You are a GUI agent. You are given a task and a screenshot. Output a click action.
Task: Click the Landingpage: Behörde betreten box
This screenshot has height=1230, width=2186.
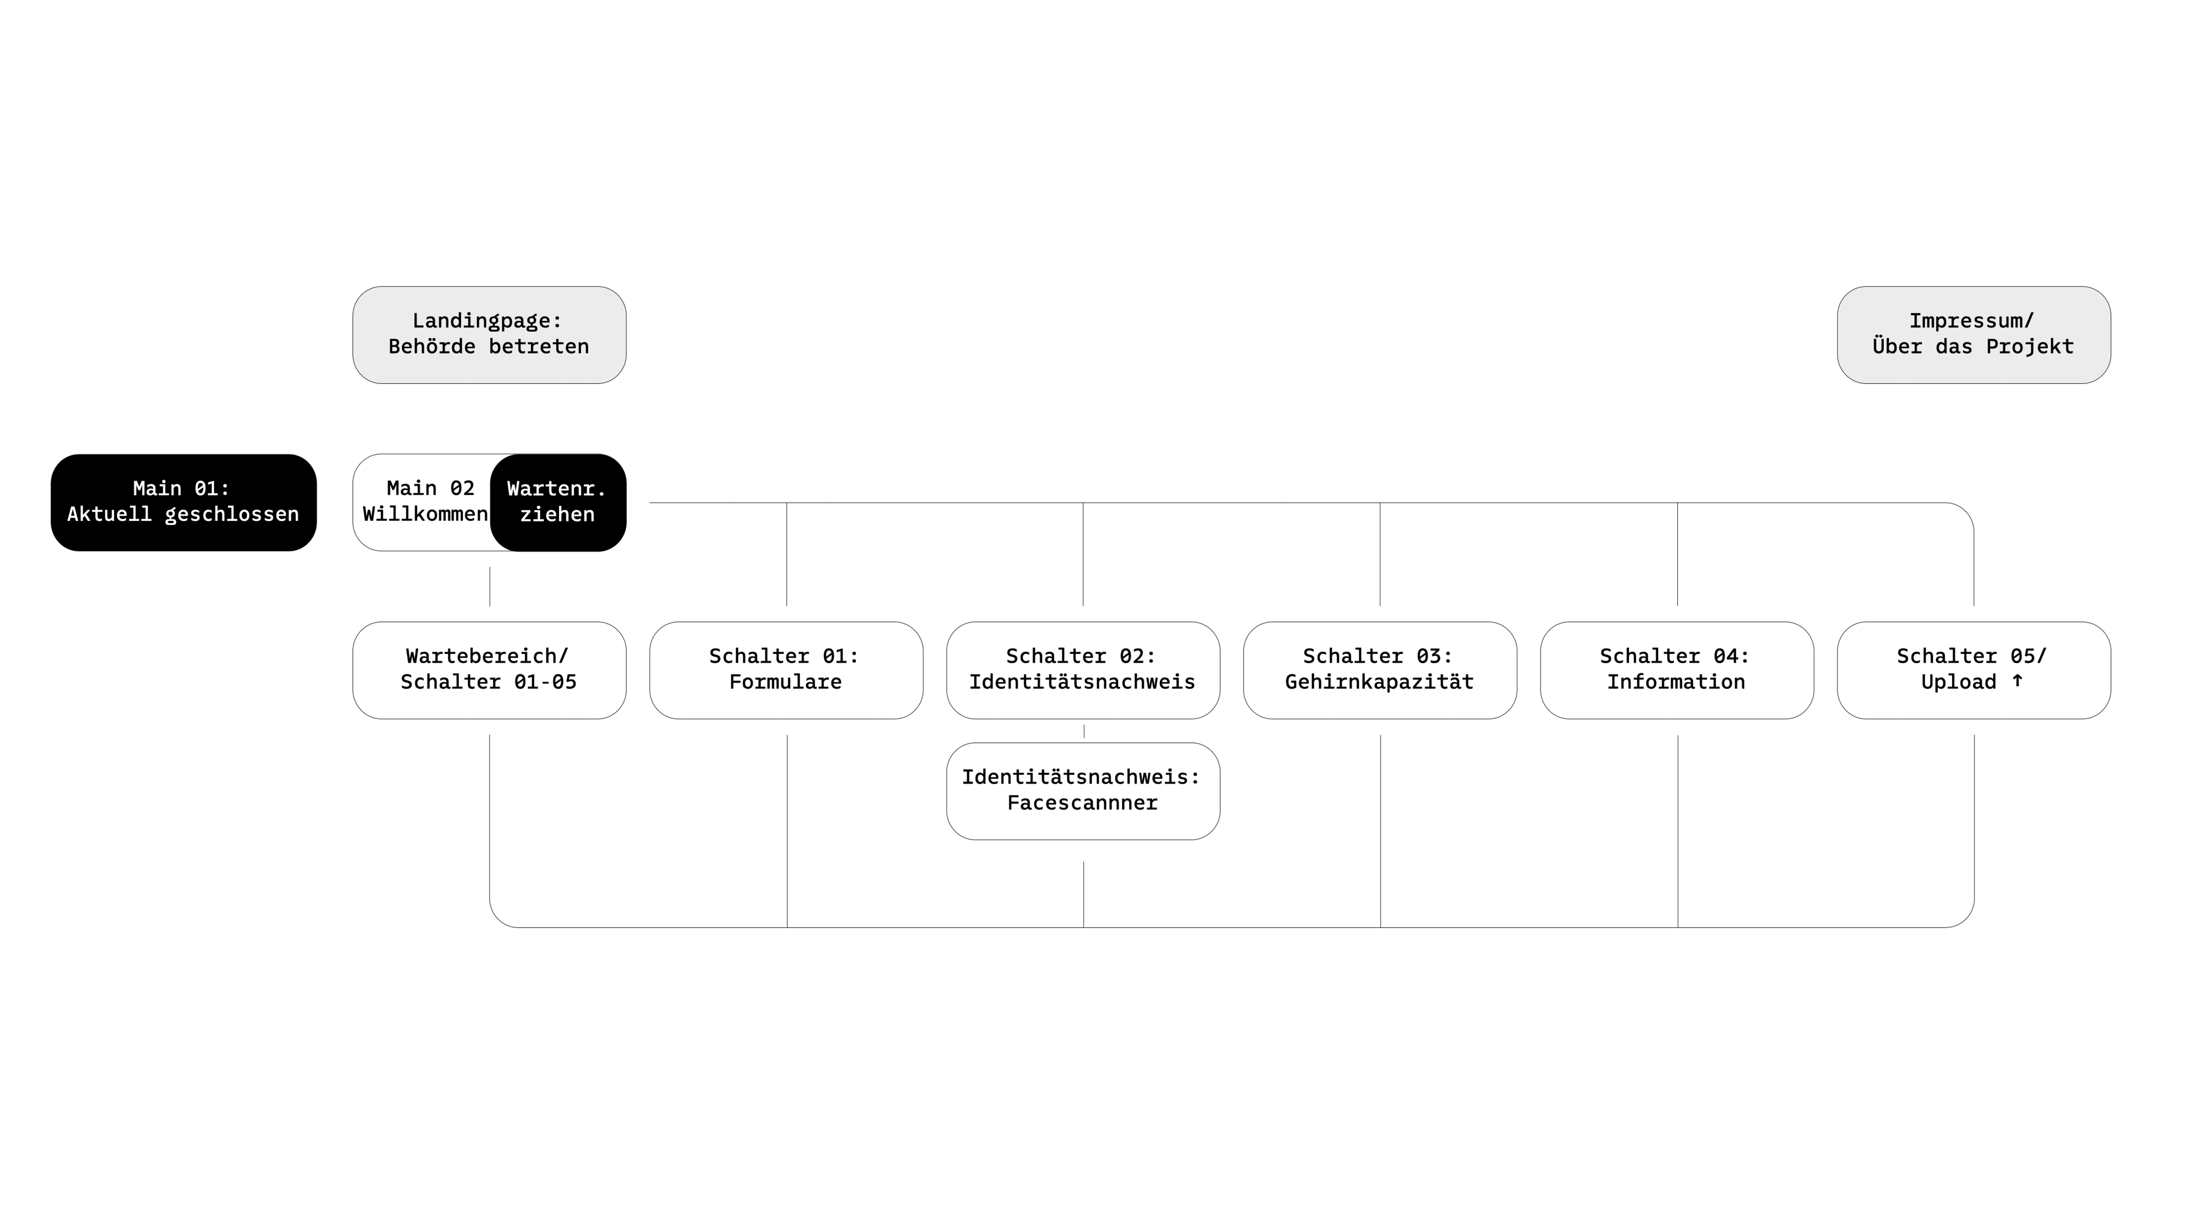point(490,335)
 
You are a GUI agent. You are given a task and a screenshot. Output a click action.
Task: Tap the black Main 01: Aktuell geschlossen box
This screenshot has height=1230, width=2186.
point(183,502)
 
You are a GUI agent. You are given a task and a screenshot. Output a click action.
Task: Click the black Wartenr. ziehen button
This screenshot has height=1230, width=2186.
point(557,502)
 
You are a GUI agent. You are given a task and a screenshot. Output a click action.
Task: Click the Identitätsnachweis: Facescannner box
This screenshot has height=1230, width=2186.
point(1083,791)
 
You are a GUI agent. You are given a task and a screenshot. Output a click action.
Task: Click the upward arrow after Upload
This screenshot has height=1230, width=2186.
point(2017,681)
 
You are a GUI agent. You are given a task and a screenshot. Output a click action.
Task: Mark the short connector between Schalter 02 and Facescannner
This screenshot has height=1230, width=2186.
point(1084,731)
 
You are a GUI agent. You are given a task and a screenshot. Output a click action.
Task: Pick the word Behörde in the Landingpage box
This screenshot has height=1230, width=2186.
point(432,347)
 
